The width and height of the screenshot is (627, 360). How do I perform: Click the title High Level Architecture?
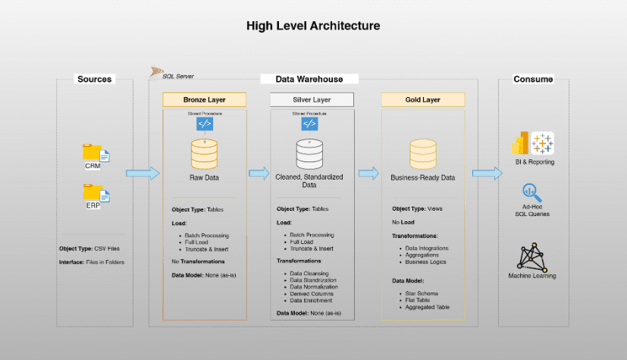313,26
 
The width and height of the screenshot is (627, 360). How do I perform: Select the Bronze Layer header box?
205,100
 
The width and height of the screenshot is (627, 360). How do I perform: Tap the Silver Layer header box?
312,100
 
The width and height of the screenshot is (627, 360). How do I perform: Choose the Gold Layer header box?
422,100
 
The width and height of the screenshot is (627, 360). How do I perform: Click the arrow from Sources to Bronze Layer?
143,173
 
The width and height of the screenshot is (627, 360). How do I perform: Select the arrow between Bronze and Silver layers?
259,173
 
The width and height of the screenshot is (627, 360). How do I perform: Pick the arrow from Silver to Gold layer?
368,173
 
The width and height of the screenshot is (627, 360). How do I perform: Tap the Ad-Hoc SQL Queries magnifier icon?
531,193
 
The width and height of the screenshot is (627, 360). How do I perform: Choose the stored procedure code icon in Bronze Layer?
205,124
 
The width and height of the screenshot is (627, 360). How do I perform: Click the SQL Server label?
179,76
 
